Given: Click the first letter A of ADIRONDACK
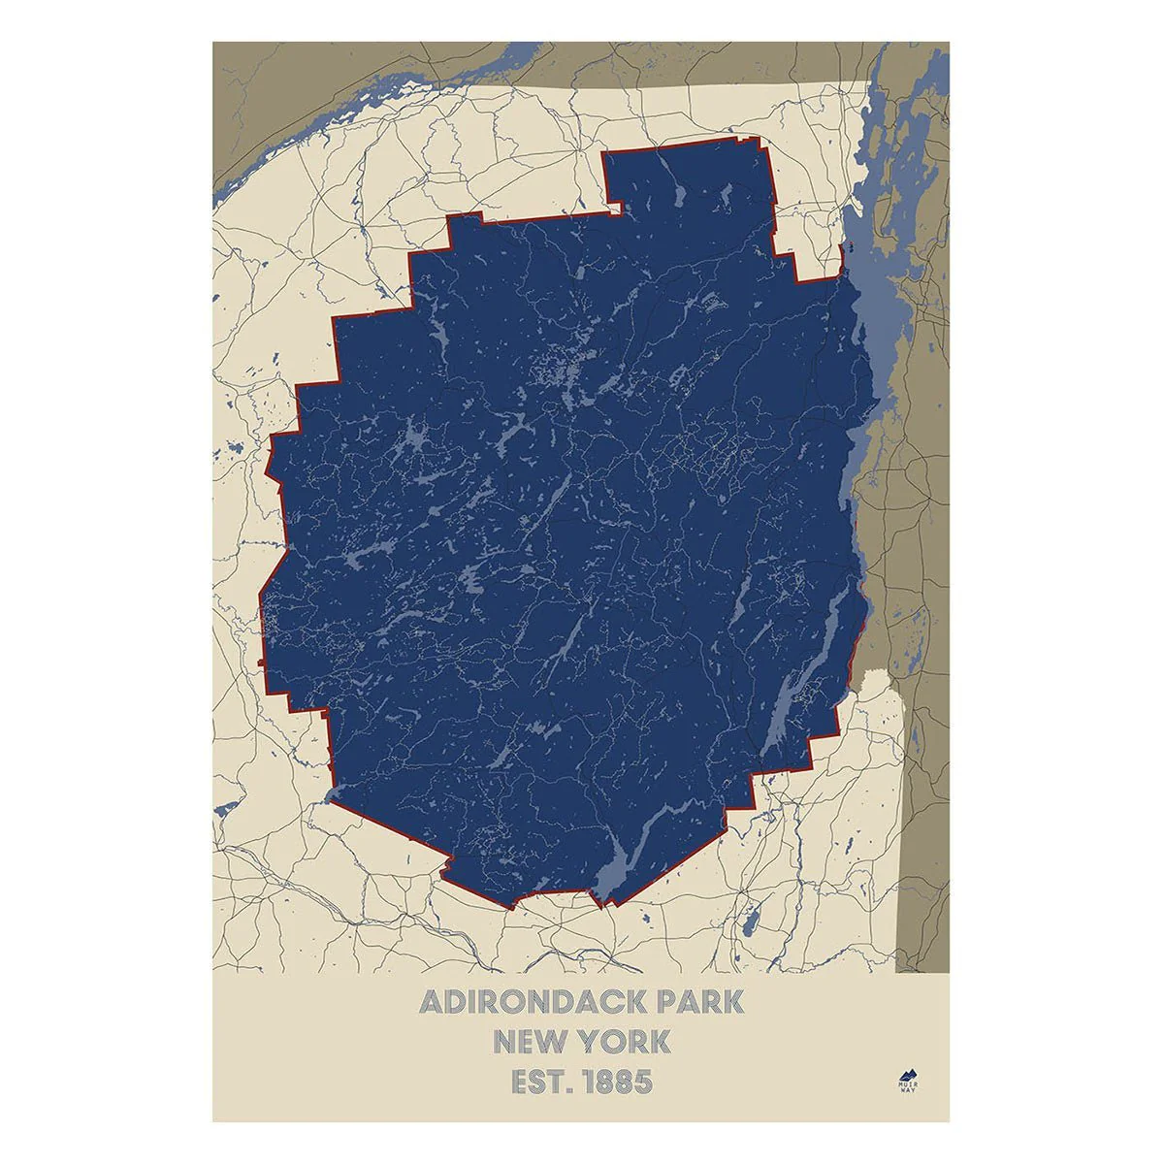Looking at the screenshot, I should pyautogui.click(x=430, y=1002).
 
